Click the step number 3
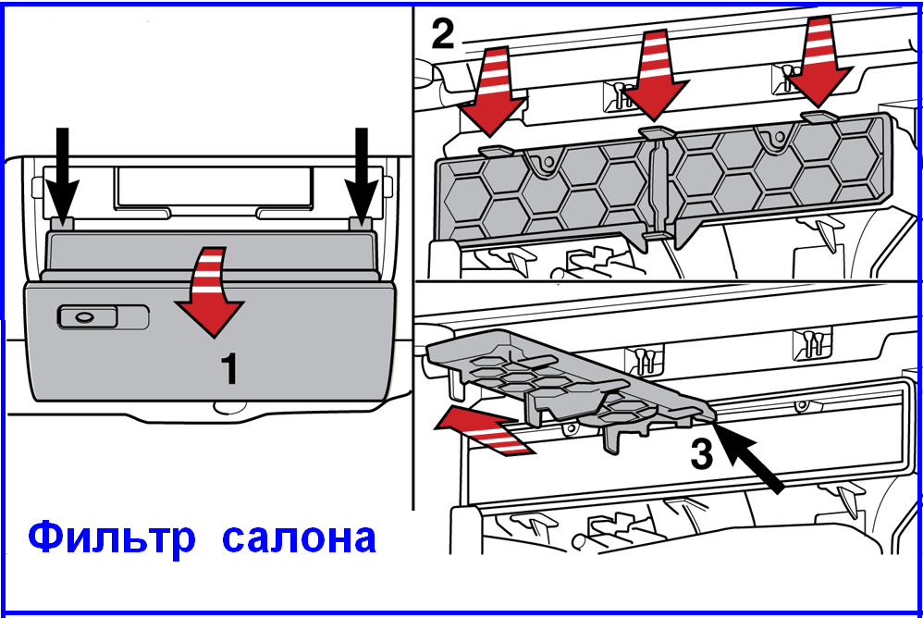pos(702,454)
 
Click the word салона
pos(299,538)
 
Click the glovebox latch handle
pos(83,317)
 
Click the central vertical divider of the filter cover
pos(658,189)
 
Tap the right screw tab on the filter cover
pos(776,139)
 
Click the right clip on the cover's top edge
pos(818,117)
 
